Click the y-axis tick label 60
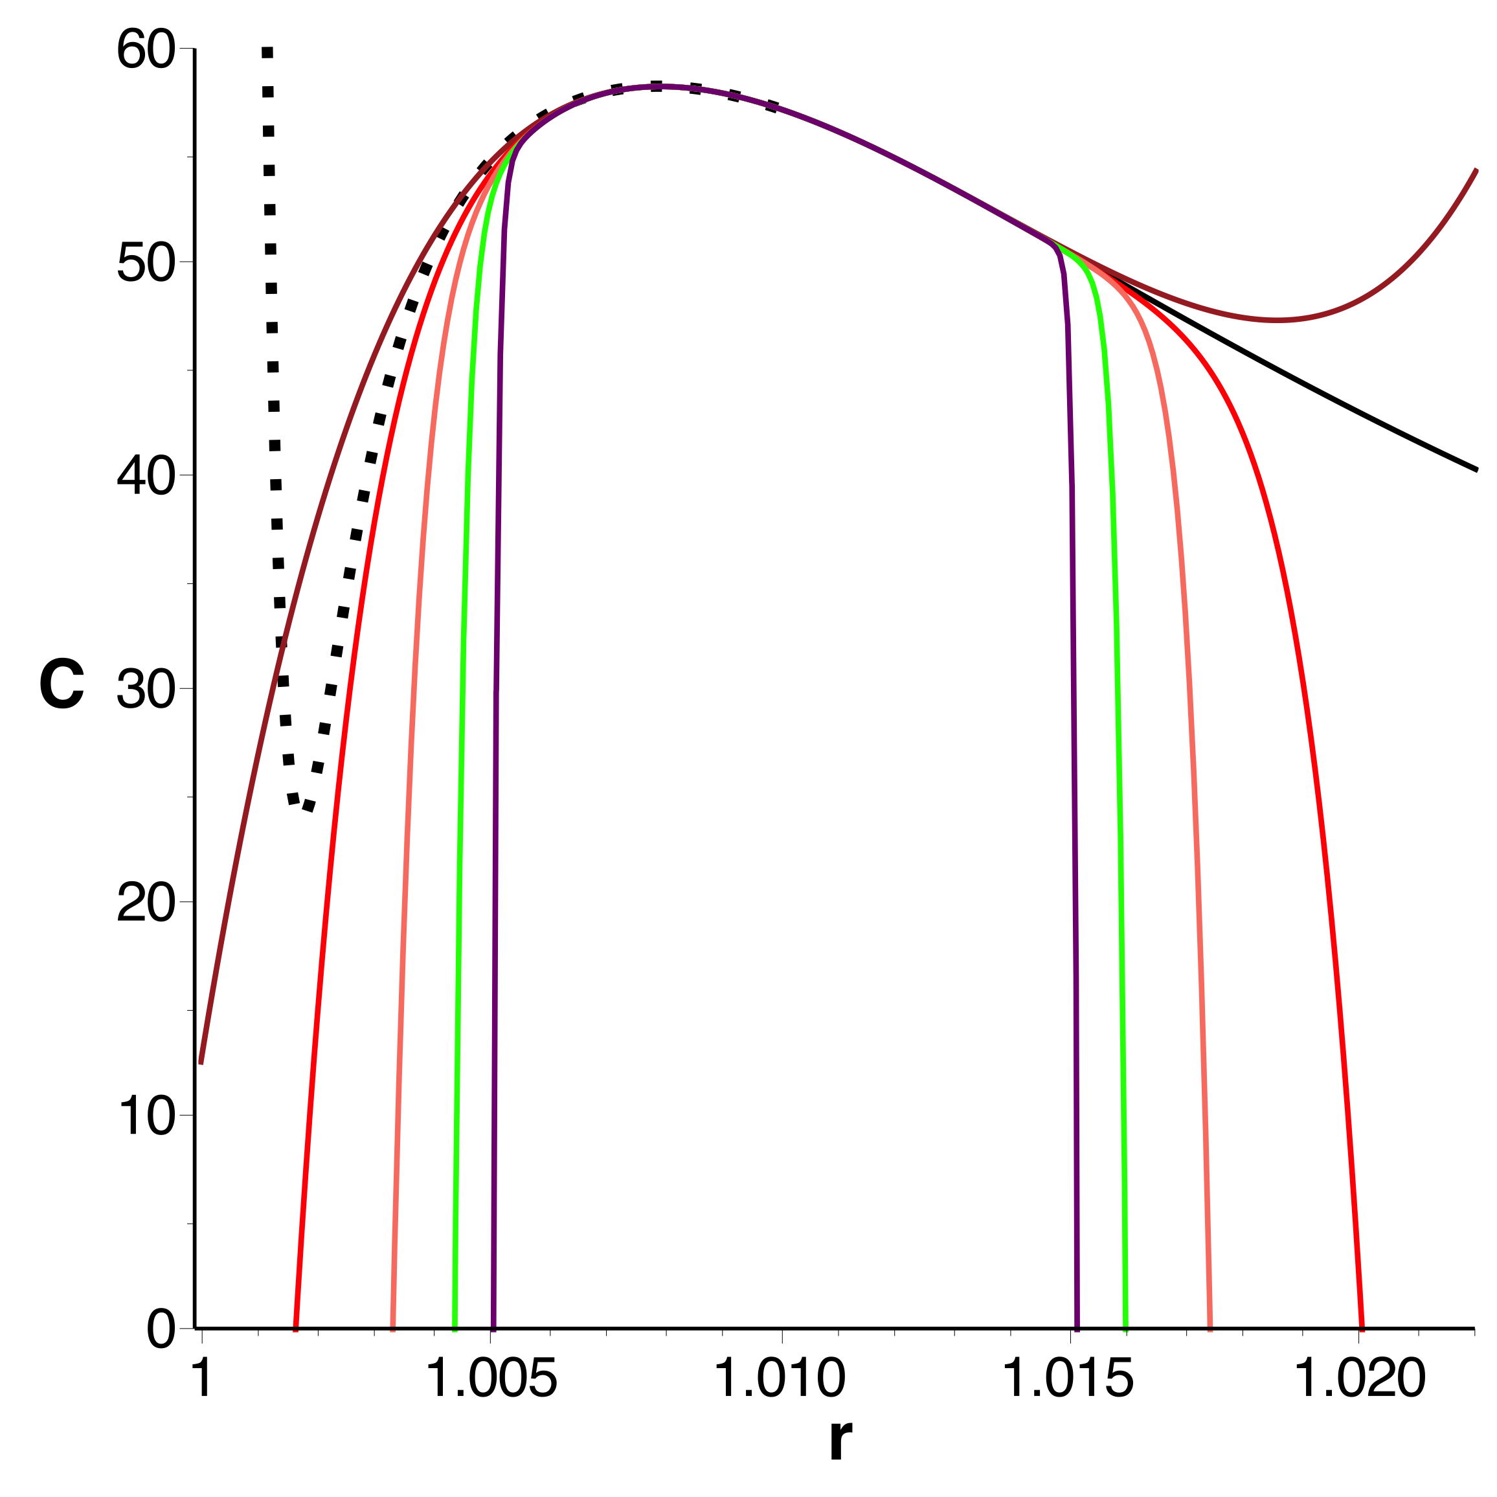pos(145,52)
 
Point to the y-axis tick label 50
pos(145,265)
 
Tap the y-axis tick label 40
pos(145,477)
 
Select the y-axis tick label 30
pos(145,690)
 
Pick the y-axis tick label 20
pos(145,905)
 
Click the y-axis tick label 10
pos(145,1118)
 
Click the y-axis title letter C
pos(62,686)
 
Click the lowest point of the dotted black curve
pos(308,807)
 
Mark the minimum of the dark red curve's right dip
pos(1279,320)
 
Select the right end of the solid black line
pos(1477,469)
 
